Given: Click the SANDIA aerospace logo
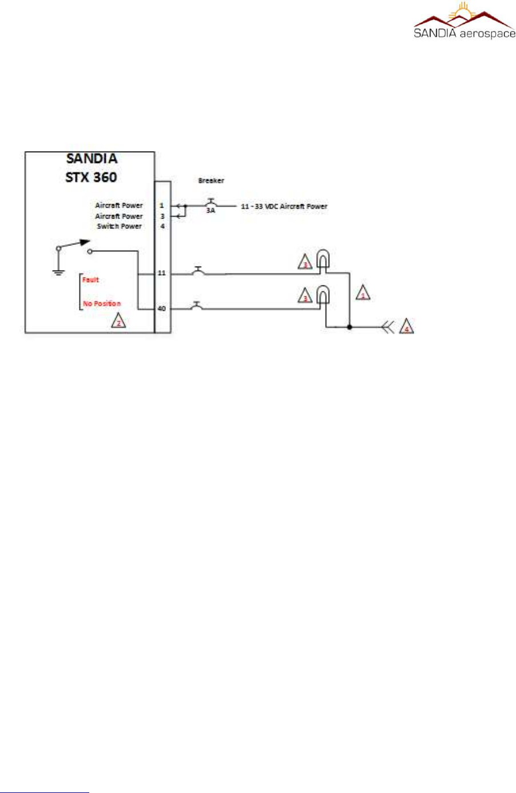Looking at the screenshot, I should (x=464, y=21).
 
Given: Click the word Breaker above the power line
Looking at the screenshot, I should (x=211, y=181).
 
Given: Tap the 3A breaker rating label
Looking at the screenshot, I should (x=211, y=211).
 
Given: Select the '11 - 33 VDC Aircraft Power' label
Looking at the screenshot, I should (x=284, y=206).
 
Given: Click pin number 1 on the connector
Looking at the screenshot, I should (x=162, y=205).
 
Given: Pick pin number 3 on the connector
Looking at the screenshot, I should (x=162, y=216).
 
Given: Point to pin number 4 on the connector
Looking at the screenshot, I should (x=162, y=227).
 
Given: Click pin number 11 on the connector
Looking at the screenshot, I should (x=162, y=273).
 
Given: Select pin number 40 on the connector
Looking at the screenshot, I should (x=162, y=309).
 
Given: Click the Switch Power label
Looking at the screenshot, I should (x=119, y=227).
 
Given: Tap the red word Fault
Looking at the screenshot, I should (x=90, y=280).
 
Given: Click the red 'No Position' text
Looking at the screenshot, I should (x=102, y=304).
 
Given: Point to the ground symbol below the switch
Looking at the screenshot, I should (x=58, y=271).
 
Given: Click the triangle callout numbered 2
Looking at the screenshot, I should (x=118, y=322).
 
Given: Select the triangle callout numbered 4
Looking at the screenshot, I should (x=406, y=327).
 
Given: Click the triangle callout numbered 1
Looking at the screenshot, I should (x=363, y=294).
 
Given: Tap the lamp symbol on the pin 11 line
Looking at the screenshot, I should (x=323, y=260).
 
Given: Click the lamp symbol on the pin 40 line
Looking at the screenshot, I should (x=323, y=295).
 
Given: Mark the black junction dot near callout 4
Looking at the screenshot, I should (x=350, y=327).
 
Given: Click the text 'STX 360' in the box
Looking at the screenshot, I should (x=91, y=177).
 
